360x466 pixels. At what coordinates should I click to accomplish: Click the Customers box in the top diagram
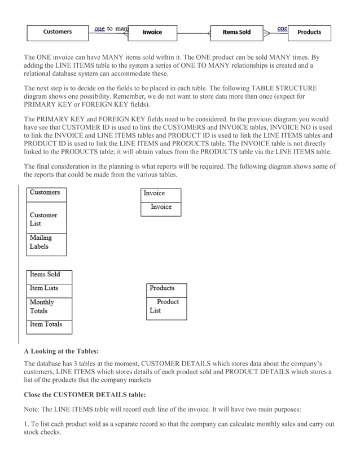click(x=58, y=32)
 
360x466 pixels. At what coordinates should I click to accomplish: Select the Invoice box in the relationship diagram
click(x=152, y=32)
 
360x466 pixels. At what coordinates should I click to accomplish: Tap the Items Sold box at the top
click(x=236, y=32)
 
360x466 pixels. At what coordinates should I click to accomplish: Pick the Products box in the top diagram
click(x=309, y=32)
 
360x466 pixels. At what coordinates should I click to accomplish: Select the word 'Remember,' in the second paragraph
click(x=166, y=96)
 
